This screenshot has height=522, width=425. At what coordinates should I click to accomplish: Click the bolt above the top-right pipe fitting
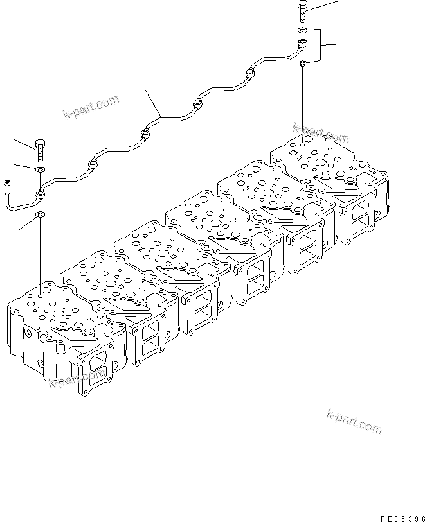click(x=303, y=12)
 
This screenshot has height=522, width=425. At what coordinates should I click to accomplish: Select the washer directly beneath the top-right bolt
click(x=302, y=30)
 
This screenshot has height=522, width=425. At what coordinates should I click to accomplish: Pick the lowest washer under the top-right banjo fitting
click(x=302, y=63)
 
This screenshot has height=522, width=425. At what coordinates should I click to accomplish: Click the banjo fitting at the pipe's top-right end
click(x=302, y=45)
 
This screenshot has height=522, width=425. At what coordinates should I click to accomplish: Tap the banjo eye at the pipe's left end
click(x=41, y=193)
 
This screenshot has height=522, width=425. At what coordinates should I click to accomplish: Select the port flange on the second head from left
click(x=147, y=335)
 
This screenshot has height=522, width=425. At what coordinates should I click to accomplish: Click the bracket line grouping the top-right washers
click(x=320, y=45)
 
